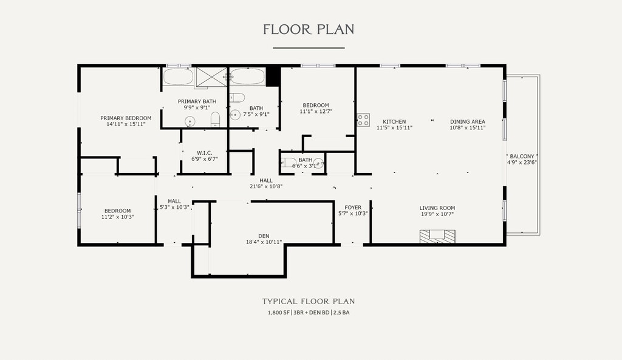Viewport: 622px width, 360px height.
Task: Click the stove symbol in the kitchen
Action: point(363,120)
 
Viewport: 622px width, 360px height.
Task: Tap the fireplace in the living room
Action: point(437,236)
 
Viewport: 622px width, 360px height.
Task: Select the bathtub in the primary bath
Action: point(178,76)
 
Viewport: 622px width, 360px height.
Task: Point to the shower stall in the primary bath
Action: point(211,76)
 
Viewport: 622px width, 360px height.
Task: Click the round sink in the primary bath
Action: point(190,121)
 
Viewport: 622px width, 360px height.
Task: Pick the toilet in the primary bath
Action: point(215,120)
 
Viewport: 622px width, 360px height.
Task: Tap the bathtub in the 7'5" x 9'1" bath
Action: point(248,76)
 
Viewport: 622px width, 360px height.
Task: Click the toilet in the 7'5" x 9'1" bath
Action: point(238,98)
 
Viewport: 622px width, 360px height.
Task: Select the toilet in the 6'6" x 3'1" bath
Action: point(289,163)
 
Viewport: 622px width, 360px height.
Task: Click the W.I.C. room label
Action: point(205,153)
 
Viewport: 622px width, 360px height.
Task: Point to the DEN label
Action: point(264,236)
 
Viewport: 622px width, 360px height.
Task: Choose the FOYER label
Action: point(353,208)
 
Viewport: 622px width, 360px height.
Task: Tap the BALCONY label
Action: point(522,156)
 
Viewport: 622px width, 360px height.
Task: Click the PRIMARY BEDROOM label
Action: point(126,118)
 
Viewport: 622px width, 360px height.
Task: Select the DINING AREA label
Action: point(468,121)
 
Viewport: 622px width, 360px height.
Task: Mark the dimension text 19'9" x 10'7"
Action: point(437,214)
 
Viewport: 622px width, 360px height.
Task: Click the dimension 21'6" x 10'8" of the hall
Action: point(266,186)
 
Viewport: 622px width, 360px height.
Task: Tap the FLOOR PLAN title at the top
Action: point(309,30)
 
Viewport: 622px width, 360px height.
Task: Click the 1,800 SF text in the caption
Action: point(278,313)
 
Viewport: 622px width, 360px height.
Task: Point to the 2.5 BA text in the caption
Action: point(341,313)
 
